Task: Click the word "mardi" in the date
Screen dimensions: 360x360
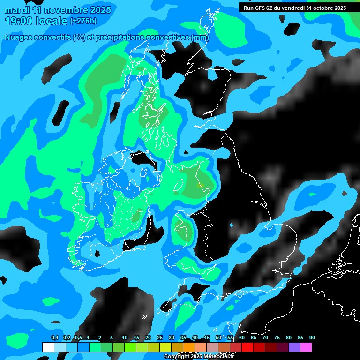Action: [x=17, y=10]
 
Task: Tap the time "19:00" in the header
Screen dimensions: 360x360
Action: [x=21, y=21]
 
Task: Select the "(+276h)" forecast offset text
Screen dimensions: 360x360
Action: [x=83, y=21]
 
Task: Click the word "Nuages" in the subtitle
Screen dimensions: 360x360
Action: [x=19, y=37]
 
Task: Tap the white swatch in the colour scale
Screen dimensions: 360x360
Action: [x=48, y=347]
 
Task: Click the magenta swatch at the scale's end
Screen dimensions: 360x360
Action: [x=306, y=347]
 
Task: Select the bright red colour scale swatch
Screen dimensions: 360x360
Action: [x=247, y=347]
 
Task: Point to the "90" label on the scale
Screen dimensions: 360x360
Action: [x=312, y=338]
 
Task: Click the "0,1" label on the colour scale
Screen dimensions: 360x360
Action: [x=55, y=338]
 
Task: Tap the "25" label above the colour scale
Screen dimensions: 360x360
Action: [x=160, y=338]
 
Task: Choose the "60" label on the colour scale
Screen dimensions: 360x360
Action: [x=242, y=338]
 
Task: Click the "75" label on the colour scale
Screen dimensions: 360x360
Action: [x=277, y=338]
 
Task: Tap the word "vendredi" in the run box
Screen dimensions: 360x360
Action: [x=292, y=7]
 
